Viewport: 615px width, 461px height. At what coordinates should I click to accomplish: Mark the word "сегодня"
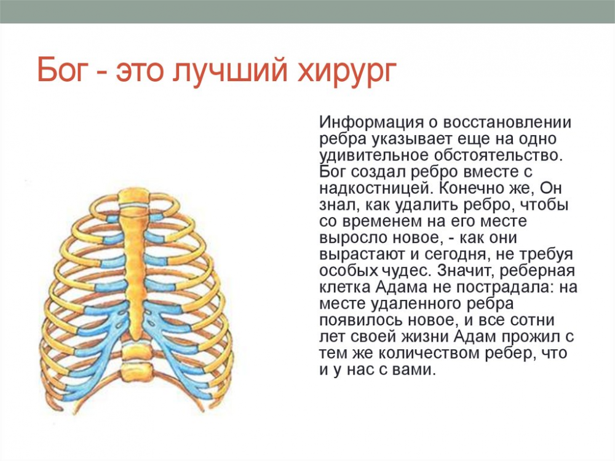pos(464,254)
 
